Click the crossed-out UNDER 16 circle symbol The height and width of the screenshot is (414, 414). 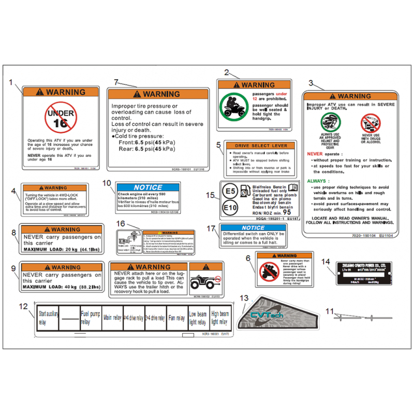60,118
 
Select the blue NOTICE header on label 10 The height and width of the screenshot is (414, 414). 148,187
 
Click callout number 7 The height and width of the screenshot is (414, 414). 116,82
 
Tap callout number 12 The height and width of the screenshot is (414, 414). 23,306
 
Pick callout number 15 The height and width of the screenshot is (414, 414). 210,195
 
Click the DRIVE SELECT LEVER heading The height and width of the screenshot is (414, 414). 261,146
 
